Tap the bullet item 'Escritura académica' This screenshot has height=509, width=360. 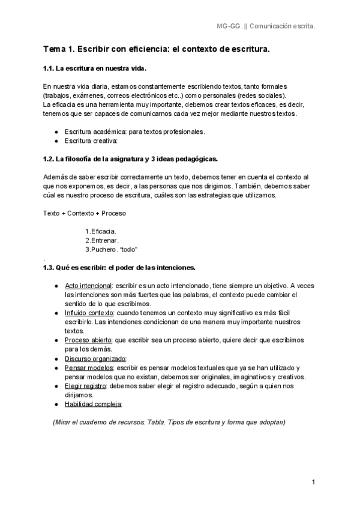[x=134, y=131]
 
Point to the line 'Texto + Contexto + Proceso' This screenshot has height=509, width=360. [x=85, y=213]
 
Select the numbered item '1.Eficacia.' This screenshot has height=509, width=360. [x=101, y=231]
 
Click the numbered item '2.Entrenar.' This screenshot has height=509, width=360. [x=102, y=240]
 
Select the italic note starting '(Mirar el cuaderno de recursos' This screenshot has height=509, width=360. [x=170, y=422]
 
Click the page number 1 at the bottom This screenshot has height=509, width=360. [x=313, y=483]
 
